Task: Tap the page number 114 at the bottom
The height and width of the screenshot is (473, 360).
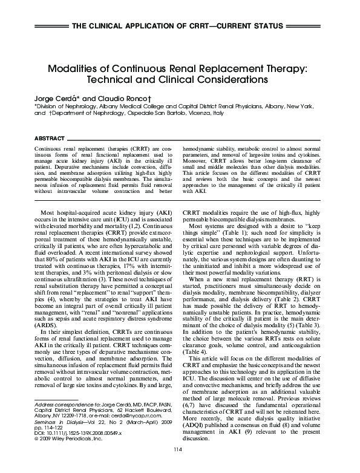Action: (178, 465)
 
